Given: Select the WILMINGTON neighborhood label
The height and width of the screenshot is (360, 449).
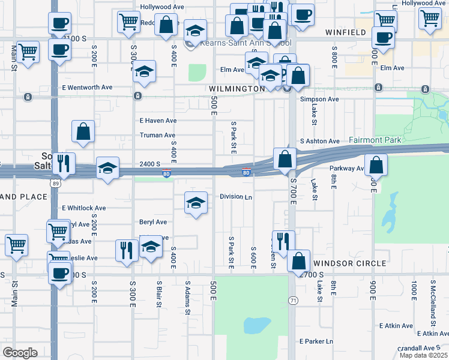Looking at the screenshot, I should [x=237, y=88].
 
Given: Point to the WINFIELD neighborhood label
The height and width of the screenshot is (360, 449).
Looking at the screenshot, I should [x=346, y=32].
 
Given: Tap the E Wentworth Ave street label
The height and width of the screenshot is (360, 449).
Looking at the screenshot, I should [x=87, y=87].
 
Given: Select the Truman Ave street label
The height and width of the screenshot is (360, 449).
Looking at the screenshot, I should [x=157, y=135].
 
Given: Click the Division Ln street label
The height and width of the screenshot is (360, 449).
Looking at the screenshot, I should [x=236, y=196].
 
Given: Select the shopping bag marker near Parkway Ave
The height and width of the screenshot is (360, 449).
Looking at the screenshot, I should [x=376, y=165].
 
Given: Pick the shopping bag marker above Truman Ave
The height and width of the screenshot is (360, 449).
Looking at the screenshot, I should [x=83, y=132].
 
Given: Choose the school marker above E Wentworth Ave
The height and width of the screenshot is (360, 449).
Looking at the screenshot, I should [x=144, y=71].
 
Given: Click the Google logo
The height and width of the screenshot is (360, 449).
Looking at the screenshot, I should [x=20, y=353].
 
